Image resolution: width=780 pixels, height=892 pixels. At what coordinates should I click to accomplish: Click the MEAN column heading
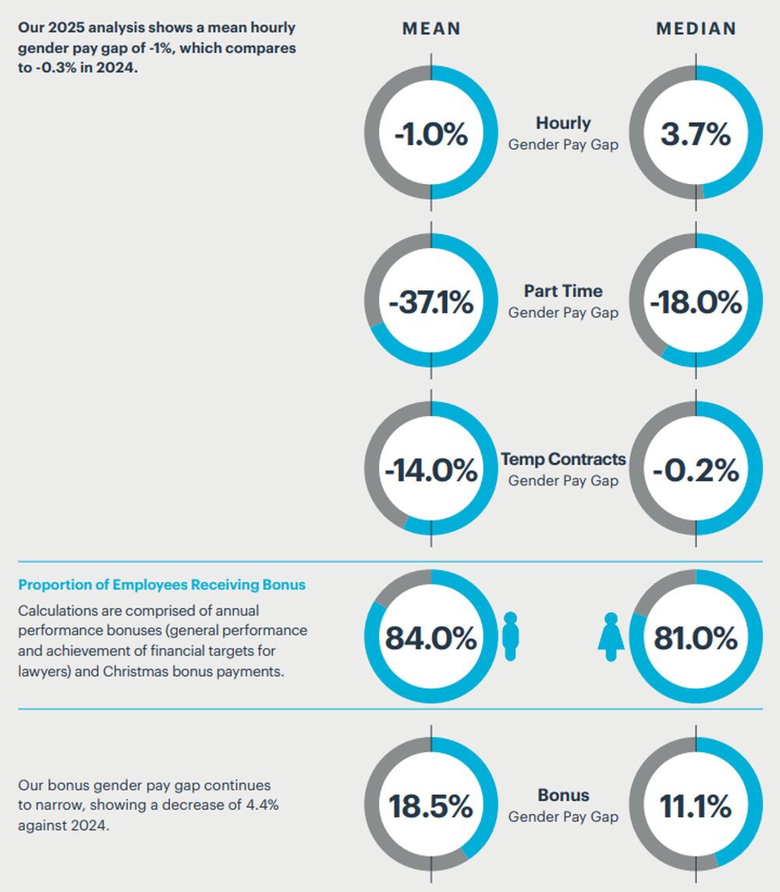[x=431, y=29]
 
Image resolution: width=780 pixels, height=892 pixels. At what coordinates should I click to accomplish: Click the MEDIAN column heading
[x=696, y=29]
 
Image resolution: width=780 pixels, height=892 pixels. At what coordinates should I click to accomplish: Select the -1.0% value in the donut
[x=431, y=134]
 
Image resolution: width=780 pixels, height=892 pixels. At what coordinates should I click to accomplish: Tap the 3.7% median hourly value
[x=696, y=134]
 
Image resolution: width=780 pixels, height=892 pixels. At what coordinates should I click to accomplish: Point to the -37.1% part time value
[x=431, y=302]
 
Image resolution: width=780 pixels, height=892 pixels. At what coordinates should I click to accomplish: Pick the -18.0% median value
[x=696, y=302]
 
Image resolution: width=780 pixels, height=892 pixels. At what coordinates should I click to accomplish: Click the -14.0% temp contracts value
[x=431, y=470]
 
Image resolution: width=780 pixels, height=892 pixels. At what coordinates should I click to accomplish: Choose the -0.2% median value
[x=696, y=470]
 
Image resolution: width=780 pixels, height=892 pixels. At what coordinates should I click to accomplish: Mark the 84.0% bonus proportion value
[x=431, y=638]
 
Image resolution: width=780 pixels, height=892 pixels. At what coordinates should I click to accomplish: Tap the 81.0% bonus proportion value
[x=696, y=638]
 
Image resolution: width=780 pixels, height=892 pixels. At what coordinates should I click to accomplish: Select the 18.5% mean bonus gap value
[x=431, y=806]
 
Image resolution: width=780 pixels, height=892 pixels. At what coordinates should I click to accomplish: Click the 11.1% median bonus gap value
[x=696, y=806]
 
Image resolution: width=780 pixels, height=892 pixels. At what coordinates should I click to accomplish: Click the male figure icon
[x=511, y=637]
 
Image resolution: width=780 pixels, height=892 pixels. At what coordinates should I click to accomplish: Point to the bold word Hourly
[x=563, y=123]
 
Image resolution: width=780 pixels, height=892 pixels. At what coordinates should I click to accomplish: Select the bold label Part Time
[x=563, y=291]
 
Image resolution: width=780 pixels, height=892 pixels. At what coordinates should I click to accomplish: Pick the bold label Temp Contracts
[x=563, y=459]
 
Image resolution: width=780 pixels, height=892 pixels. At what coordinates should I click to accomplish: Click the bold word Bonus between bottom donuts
[x=563, y=795]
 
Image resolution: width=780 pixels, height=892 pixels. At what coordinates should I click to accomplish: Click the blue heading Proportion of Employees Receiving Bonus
[x=162, y=585]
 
